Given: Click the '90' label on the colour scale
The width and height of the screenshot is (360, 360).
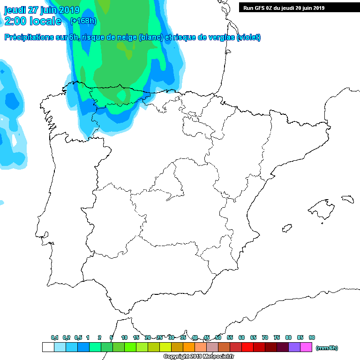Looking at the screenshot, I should coord(312,337).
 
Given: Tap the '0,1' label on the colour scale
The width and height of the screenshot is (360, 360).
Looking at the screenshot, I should coord(54,337).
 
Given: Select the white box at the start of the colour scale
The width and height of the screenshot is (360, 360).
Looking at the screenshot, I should coord(48,347).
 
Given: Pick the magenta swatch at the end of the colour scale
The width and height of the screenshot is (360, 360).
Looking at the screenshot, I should coord(306,347).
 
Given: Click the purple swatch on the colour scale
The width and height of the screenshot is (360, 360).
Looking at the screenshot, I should coord(294,347).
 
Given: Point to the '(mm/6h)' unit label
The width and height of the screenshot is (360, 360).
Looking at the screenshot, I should coord(327,348).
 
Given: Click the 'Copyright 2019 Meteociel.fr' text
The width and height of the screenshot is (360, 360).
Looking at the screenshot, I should coord(199,357).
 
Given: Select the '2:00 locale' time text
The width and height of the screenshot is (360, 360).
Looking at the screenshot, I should coord(33,21).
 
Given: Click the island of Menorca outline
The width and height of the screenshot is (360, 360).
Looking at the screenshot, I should coord(347,199).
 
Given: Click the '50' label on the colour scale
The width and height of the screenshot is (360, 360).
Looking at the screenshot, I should coord(218,337).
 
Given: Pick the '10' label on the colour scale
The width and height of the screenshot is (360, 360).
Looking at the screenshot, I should coord(124,337).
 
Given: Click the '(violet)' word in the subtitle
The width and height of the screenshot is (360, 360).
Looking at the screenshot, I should coord(249,37).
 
